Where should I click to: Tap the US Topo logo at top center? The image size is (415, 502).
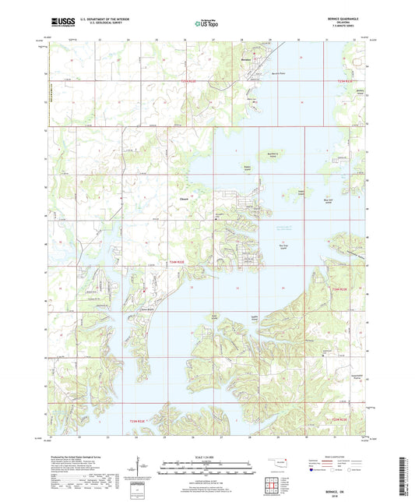coord(204,24)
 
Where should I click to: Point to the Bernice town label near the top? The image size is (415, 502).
coord(247,58)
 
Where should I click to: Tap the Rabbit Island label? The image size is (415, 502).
coord(248,168)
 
